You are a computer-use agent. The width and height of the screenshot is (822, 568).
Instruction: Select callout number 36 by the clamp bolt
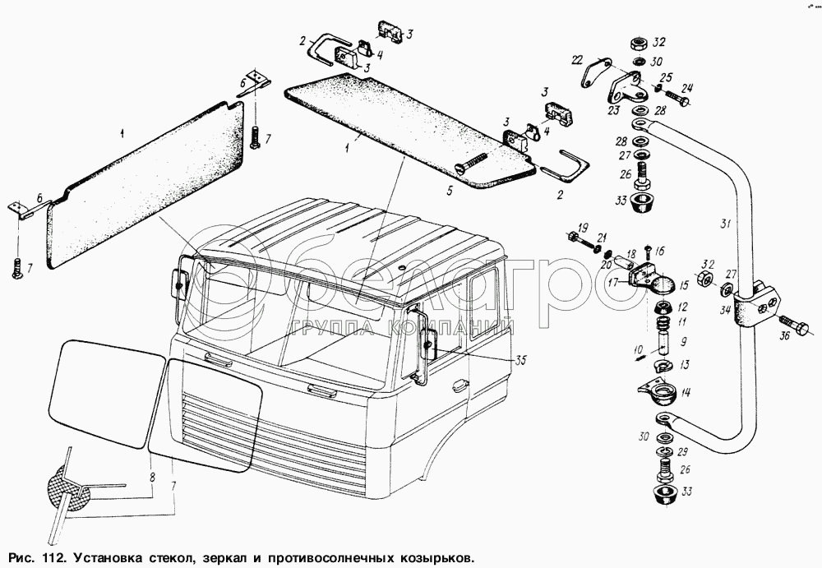pos(783,335)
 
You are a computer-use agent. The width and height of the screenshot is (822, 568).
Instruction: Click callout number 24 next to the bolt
pos(687,89)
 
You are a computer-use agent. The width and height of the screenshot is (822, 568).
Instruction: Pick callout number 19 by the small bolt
pos(582,227)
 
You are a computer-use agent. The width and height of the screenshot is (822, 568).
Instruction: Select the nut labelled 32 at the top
pos(638,43)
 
